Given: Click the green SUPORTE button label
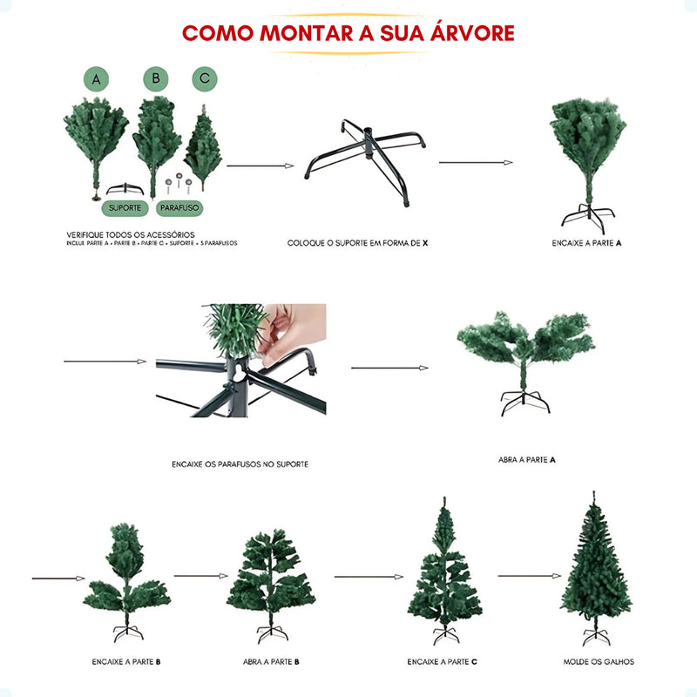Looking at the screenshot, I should point(125,209).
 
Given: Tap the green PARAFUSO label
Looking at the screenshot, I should point(179,209).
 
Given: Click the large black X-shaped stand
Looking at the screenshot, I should point(366,161).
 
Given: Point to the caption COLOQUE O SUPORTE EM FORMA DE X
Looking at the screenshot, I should point(358,243).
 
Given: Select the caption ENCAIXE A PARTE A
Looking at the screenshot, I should point(586,243).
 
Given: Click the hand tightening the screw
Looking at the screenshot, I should point(288,331).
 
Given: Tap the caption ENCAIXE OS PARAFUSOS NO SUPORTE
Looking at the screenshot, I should point(240,464).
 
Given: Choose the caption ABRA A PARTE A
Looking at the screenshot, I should point(527,459).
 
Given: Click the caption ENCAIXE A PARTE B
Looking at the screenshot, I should point(126,662).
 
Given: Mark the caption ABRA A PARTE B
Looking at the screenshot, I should point(271,662).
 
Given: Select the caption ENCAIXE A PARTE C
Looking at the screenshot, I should point(442,662).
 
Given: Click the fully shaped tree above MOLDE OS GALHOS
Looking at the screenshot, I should point(596,566).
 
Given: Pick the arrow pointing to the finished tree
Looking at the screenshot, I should point(529,576).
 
